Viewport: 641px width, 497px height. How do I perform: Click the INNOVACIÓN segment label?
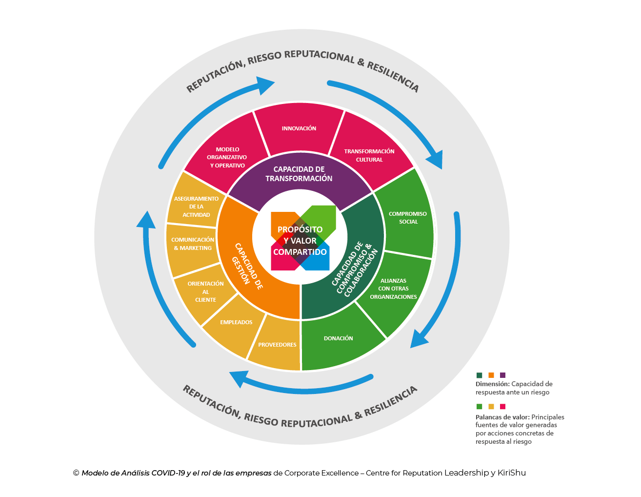299,128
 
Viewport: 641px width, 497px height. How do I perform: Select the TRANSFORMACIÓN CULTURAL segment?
369,155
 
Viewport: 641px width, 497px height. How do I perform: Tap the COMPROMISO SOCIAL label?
408,218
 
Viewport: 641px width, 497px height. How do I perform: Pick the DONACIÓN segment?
339,338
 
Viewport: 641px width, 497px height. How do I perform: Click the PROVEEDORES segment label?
277,345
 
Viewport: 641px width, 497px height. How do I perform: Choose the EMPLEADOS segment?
236,322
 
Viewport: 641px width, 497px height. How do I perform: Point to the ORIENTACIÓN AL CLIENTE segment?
205,291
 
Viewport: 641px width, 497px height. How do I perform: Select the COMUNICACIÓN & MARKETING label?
193,244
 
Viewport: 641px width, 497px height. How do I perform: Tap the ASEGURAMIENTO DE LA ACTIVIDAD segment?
196,207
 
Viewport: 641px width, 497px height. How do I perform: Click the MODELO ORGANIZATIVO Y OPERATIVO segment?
227,157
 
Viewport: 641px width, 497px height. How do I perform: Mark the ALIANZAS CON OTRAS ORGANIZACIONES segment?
393,289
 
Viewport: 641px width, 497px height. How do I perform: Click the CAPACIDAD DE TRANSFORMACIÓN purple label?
299,174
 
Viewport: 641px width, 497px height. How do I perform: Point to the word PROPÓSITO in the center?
300,229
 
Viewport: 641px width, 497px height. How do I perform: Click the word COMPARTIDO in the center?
300,252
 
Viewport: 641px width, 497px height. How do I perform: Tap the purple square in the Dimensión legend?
503,375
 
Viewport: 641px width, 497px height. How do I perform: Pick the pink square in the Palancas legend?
503,406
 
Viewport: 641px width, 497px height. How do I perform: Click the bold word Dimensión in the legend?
492,384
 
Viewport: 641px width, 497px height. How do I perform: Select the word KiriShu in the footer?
512,473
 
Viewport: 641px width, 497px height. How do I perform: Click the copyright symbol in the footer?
76,473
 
